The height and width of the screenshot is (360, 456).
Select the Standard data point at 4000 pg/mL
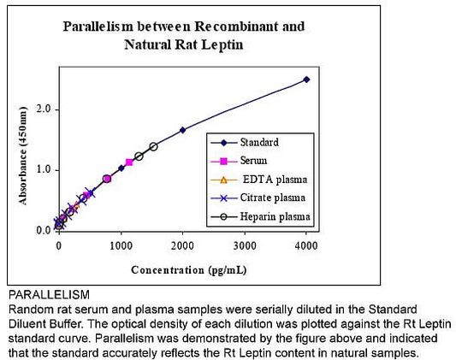point(306,80)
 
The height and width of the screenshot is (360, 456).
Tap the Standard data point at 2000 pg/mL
point(182,130)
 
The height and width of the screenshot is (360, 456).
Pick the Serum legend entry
point(253,160)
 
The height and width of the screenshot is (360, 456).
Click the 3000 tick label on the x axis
point(245,245)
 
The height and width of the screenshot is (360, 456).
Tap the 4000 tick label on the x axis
point(306,245)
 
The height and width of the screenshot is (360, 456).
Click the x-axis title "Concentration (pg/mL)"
point(182,270)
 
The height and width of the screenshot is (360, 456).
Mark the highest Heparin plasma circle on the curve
point(153,147)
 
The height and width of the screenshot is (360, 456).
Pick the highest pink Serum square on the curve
point(129,162)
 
